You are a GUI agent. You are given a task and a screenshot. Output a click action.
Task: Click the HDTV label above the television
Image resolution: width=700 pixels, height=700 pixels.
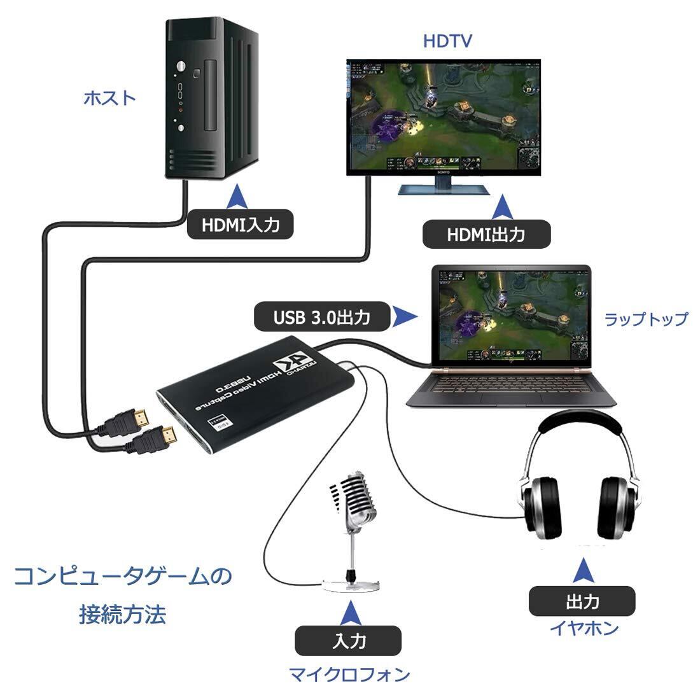tap(448, 41)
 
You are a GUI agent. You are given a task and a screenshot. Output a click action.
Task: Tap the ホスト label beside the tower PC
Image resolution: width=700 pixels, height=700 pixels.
tap(110, 98)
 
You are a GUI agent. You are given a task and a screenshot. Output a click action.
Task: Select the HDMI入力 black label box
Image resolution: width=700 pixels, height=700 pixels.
tap(240, 225)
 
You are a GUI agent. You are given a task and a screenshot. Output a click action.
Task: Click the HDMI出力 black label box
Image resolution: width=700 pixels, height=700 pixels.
tap(485, 234)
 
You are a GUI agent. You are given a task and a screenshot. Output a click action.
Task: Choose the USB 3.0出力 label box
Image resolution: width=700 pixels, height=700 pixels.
tap(321, 316)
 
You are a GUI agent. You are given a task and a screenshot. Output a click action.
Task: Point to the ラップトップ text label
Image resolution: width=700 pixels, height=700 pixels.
tap(645, 319)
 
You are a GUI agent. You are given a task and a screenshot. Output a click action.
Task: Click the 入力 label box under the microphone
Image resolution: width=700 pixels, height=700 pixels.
tap(349, 641)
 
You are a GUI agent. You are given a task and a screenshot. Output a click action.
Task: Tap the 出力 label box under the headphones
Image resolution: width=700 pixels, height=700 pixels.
tap(582, 600)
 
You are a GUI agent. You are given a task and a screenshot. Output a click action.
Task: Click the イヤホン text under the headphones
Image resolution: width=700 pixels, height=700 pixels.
tap(584, 629)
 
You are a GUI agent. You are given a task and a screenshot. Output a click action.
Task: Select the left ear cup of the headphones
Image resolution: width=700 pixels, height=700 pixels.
tap(540, 510)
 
